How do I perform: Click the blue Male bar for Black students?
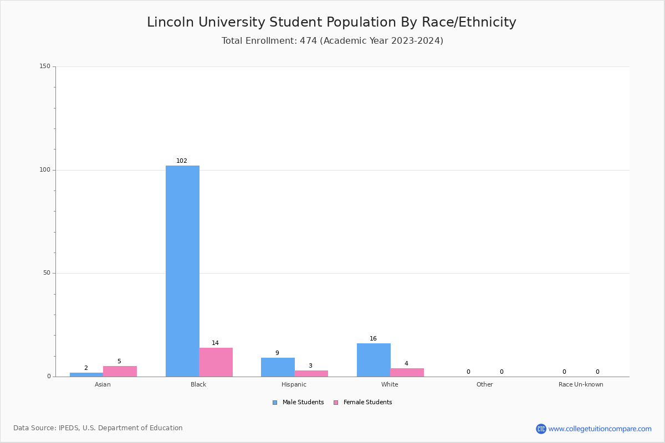(182, 271)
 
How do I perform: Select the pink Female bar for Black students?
(216, 362)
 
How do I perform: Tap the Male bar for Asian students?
(86, 375)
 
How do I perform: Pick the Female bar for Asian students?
(120, 372)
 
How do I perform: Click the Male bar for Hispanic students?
(278, 367)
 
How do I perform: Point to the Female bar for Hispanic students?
(311, 374)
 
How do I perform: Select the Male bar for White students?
(374, 360)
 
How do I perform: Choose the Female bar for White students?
(407, 373)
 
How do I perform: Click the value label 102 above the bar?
(182, 161)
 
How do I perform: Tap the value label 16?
(373, 339)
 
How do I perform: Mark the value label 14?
(215, 343)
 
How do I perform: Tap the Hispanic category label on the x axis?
(294, 385)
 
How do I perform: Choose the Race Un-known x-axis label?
(581, 385)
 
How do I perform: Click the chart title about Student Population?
(331, 23)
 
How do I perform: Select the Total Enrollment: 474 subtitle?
(332, 41)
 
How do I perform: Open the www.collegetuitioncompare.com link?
(600, 429)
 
